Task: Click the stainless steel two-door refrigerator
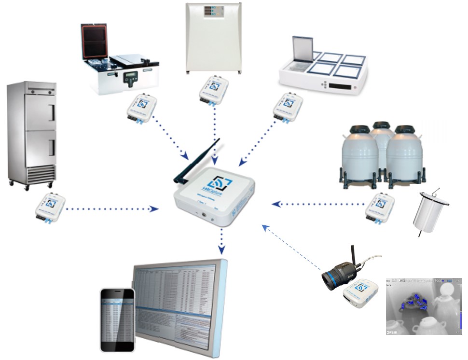[x=32, y=133]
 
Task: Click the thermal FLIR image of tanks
[x=423, y=306]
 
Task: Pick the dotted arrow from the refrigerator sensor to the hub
[x=111, y=209]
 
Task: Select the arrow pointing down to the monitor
[x=221, y=241]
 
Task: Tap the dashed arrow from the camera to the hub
[x=292, y=246]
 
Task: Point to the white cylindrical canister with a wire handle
[x=429, y=212]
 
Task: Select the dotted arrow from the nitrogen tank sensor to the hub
[x=318, y=204]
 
